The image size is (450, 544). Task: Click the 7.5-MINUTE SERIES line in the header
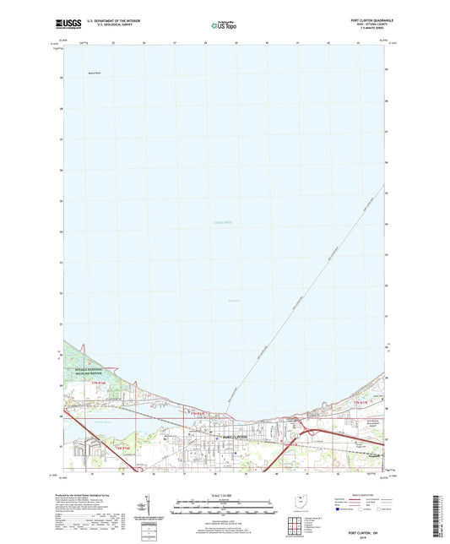pyautogui.click(x=366, y=30)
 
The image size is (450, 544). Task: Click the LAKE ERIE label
pyautogui.click(x=222, y=222)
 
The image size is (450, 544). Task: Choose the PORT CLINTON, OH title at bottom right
pyautogui.click(x=366, y=509)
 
